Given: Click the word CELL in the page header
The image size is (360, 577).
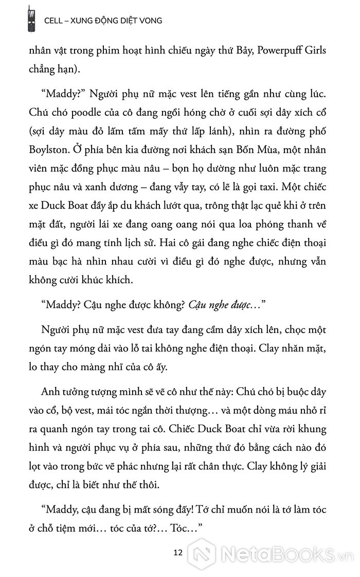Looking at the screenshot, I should coord(55,20).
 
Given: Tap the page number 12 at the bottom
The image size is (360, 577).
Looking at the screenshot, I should coord(179,553).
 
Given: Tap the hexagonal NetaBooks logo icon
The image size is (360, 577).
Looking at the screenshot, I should coord(202,555).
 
